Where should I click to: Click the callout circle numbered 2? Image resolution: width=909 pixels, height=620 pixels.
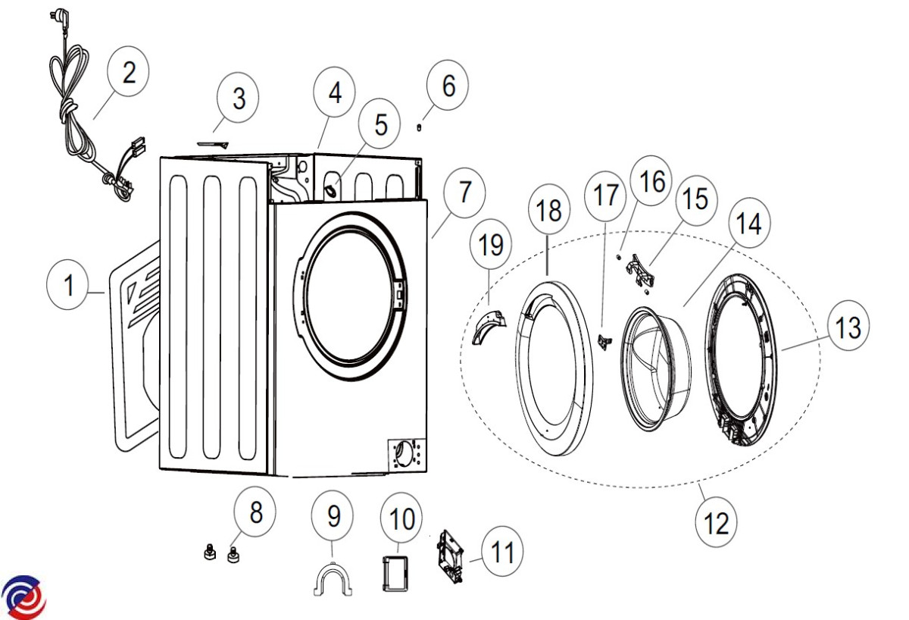pyautogui.click(x=128, y=73)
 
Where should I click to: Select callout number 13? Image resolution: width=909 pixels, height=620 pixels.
pyautogui.click(x=848, y=327)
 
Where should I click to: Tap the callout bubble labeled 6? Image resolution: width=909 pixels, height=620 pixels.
pyautogui.click(x=448, y=87)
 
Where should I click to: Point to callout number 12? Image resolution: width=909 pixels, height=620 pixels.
pyautogui.click(x=716, y=522)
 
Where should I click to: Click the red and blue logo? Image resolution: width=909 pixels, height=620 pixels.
pyautogui.click(x=23, y=595)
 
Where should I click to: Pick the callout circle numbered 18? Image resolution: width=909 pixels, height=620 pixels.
pyautogui.click(x=549, y=211)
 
